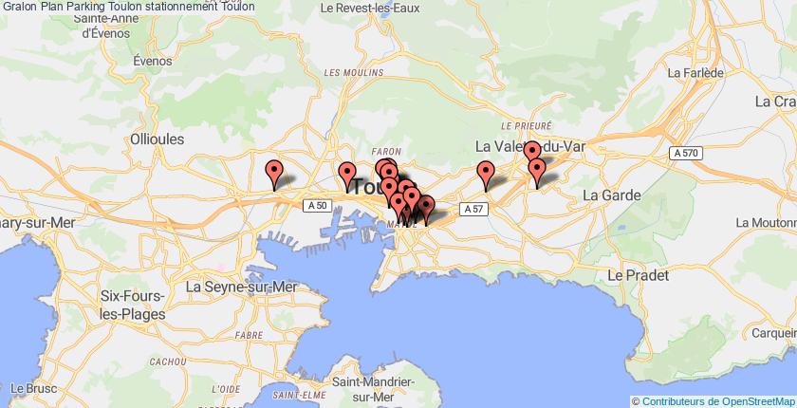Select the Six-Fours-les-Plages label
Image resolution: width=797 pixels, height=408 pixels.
pos(132,306)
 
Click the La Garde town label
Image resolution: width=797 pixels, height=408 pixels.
pos(612,195)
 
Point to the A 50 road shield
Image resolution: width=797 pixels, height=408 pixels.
pos(317,205)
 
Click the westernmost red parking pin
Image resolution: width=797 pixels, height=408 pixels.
pos(275,173)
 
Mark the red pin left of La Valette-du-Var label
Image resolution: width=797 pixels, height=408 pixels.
pos(487,174)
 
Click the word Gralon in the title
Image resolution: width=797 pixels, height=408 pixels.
pos(19,7)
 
